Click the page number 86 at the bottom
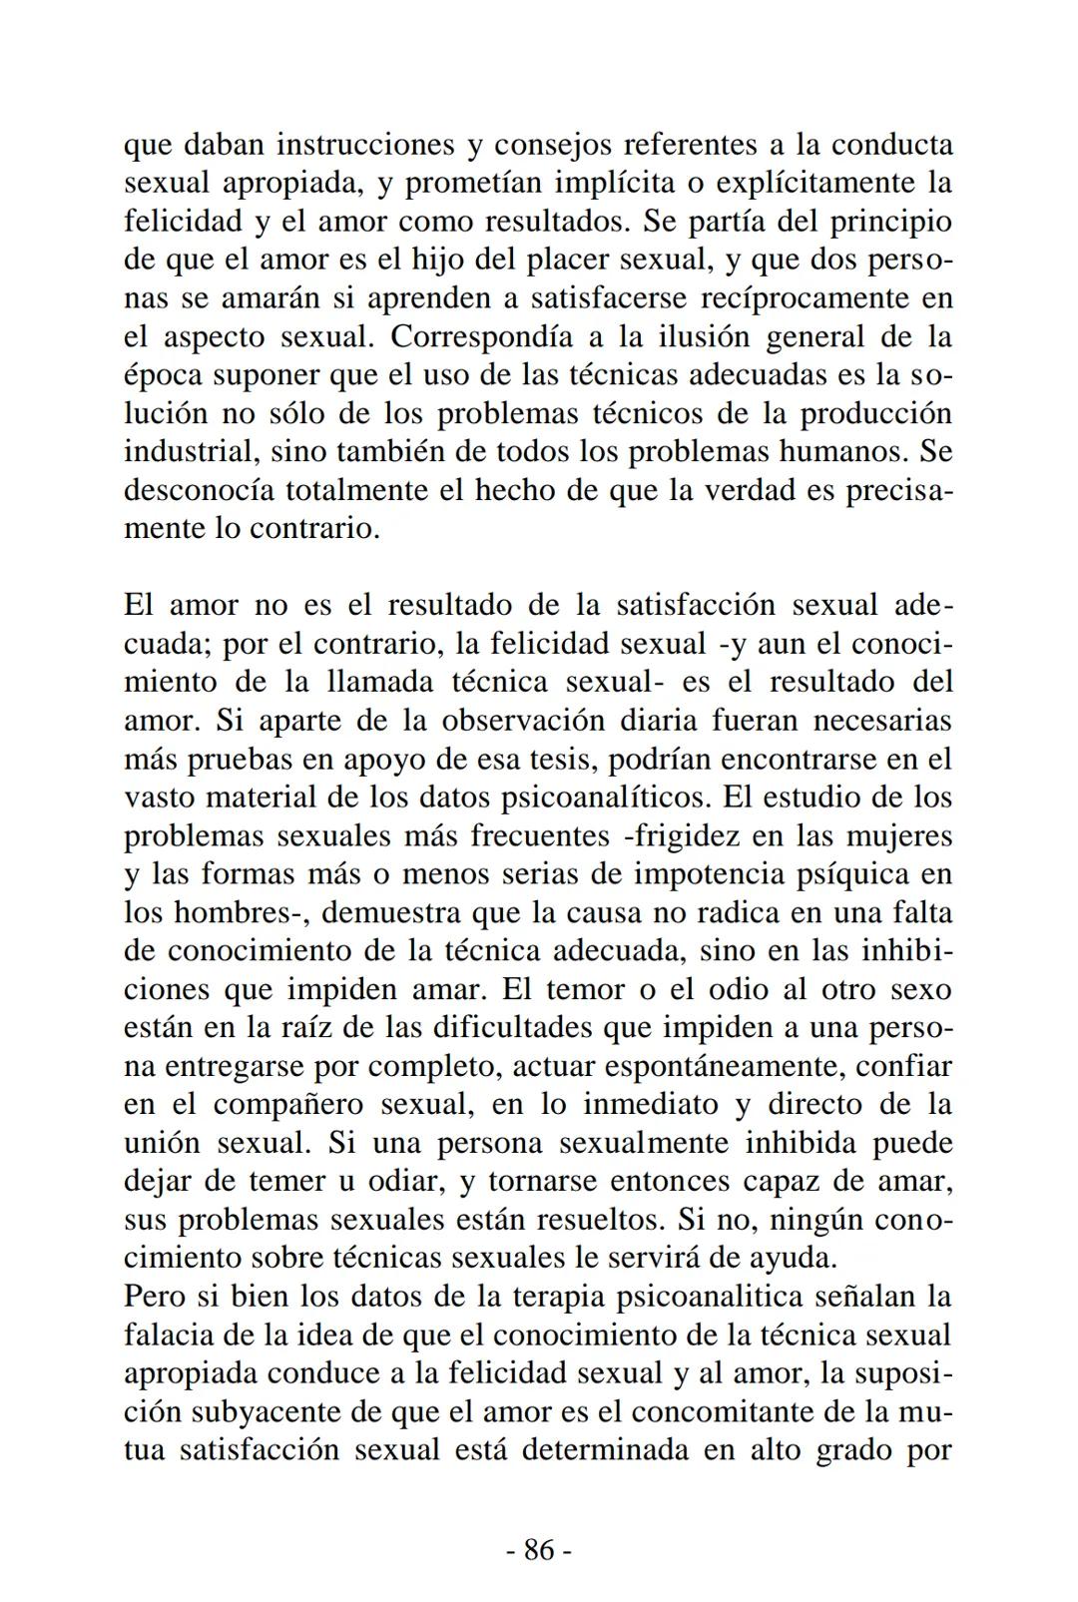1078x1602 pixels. [538, 1549]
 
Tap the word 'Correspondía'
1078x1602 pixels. [481, 336]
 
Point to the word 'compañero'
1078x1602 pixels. [287, 1104]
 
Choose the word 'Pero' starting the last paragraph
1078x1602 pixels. [156, 1297]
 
